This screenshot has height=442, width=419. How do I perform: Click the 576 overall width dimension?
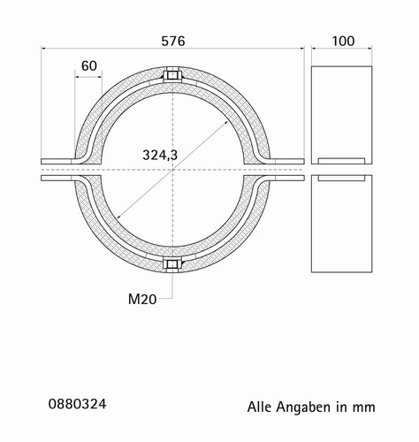point(173,42)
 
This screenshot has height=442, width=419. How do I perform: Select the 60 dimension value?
point(89,66)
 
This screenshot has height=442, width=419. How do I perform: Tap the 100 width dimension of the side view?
point(343,42)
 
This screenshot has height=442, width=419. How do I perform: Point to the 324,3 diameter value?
point(160,155)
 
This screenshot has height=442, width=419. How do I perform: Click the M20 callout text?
point(142,300)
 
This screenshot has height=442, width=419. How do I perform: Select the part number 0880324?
point(77,404)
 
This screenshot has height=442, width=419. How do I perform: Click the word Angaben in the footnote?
point(303,408)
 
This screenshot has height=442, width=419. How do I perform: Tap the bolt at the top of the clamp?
point(172,75)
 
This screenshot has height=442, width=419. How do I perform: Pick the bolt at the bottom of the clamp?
point(172,264)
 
